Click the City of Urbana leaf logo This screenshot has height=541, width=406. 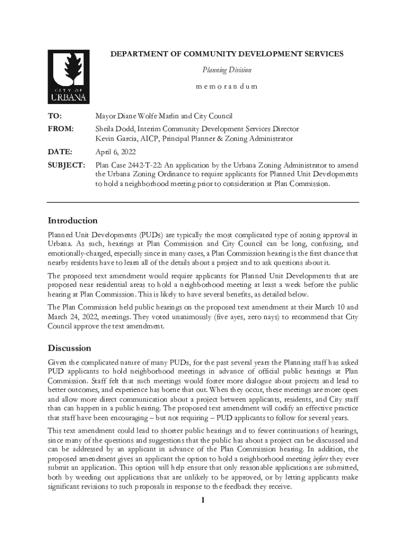click(69, 77)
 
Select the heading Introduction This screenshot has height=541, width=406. click(73, 220)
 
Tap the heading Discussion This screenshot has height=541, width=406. click(69, 348)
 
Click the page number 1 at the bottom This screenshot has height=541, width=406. click(202, 501)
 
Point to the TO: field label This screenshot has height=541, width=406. click(54, 116)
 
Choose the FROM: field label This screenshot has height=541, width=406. click(61, 129)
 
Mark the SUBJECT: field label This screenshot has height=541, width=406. click(66, 165)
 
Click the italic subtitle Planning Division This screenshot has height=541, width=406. click(227, 70)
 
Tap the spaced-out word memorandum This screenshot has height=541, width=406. click(227, 86)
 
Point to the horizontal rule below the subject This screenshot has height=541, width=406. click(202, 202)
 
